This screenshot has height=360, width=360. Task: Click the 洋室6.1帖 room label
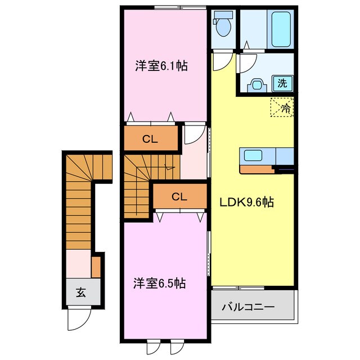pyautogui.click(x=161, y=66)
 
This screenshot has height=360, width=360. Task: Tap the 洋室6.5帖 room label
pyautogui.click(x=160, y=283)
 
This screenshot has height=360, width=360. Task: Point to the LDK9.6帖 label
pyautogui.click(x=247, y=202)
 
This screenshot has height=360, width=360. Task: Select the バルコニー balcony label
pyautogui.click(x=248, y=307)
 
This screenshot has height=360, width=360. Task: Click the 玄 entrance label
pyautogui.click(x=81, y=292)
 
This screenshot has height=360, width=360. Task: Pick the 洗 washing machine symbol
pyautogui.click(x=282, y=83)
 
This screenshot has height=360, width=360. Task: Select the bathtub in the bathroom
pyautogui.click(x=281, y=29)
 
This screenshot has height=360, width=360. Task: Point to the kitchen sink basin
pyautogui.click(x=253, y=155)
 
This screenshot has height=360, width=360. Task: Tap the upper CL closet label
pyautogui.click(x=150, y=139)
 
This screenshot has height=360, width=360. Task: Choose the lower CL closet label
pyautogui.click(x=179, y=197)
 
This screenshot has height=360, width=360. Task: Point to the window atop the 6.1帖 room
pyautogui.click(x=180, y=7)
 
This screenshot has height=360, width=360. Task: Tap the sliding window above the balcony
pyautogui.click(x=238, y=287)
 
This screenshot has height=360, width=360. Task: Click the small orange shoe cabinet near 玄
pyautogui.click(x=96, y=267)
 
